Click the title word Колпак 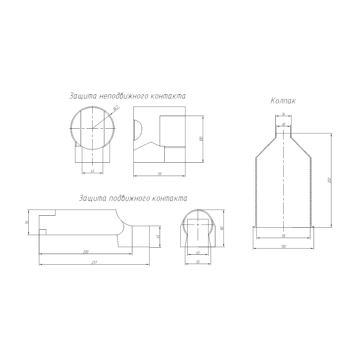[x=283, y=101]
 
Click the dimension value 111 [x=160, y=174]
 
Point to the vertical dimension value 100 [x=201, y=139]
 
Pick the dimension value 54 [x=27, y=222]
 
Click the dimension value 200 [x=85, y=252]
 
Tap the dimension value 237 [x=94, y=263]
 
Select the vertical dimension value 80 [x=222, y=228]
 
